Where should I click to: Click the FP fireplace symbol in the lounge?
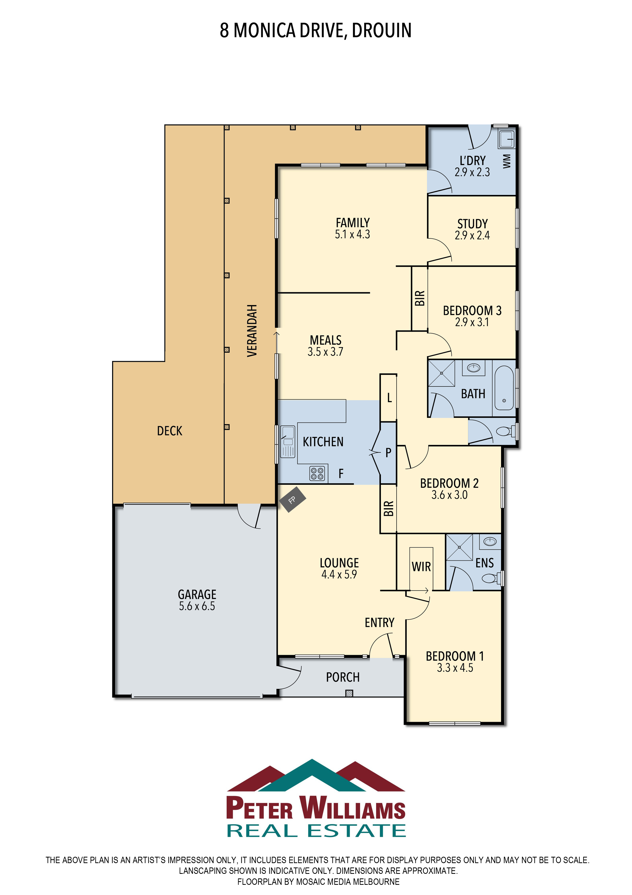tap(292, 499)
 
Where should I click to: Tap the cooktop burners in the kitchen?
tap(317, 473)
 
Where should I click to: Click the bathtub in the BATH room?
tap(504, 388)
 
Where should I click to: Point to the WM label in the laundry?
tap(506, 161)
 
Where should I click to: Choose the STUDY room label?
tap(472, 224)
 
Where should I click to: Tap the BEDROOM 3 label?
tap(472, 310)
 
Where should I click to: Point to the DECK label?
tap(169, 431)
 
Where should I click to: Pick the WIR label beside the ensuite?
tap(421, 566)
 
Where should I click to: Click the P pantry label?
tap(388, 452)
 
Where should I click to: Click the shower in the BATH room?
tap(441, 373)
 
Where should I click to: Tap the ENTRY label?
tap(379, 623)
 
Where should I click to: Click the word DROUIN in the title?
tap(382, 30)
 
